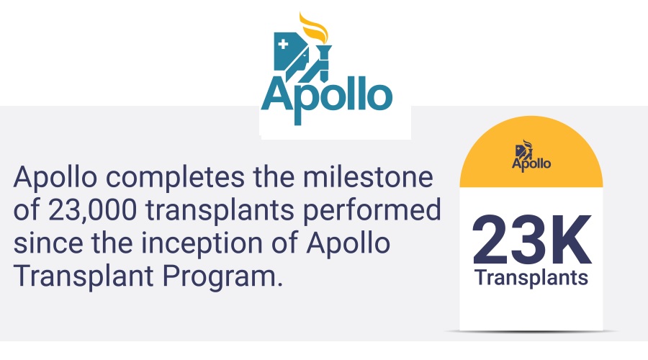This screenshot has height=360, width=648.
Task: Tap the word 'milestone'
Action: pyautogui.click(x=368, y=176)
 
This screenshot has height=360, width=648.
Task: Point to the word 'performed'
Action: pyautogui.click(x=372, y=211)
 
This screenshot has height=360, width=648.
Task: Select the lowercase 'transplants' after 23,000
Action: pyautogui.click(x=220, y=211)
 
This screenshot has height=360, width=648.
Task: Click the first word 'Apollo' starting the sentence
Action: pyautogui.click(x=55, y=178)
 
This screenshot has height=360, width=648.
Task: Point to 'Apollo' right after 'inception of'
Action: pyautogui.click(x=348, y=244)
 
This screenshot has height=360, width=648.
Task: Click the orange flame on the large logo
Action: pyautogui.click(x=314, y=27)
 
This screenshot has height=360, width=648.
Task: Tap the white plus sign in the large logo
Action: pyautogui.click(x=283, y=44)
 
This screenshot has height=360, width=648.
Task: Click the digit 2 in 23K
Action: pyautogui.click(x=491, y=239)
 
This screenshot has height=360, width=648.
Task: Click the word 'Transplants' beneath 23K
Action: pyautogui.click(x=531, y=278)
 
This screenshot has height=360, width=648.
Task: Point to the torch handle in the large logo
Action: pyautogui.click(x=324, y=62)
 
